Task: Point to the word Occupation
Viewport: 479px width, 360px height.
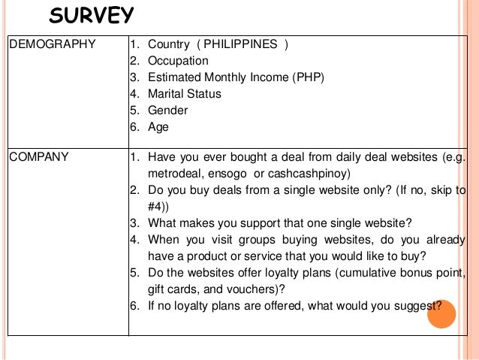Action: [179, 61]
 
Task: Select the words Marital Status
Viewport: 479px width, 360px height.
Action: [185, 94]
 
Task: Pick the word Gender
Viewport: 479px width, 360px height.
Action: [168, 110]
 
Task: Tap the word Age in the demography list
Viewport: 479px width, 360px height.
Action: [158, 127]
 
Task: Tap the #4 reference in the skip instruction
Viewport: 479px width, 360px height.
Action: [156, 206]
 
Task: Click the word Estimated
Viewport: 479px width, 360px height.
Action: [176, 77]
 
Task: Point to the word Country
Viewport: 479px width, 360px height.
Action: [168, 44]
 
